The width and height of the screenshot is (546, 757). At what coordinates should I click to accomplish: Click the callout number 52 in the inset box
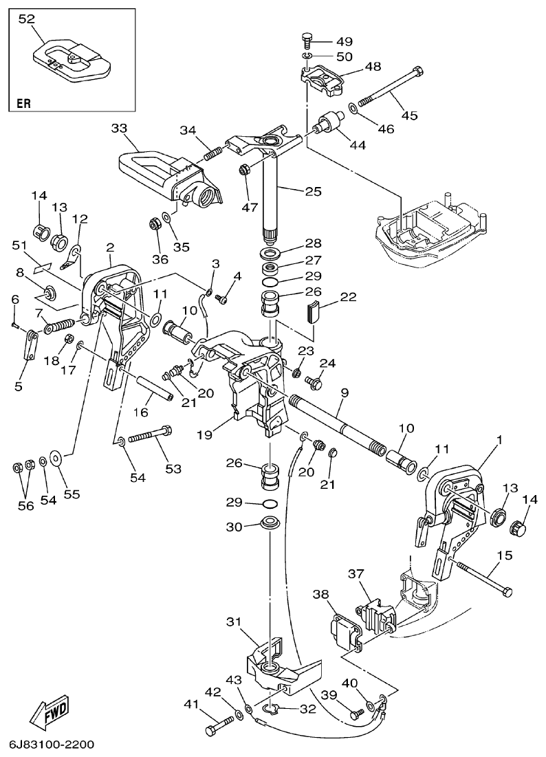coord(26,19)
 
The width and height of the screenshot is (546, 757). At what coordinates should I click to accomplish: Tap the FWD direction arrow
coord(50,712)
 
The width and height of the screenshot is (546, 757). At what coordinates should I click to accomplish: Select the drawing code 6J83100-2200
coord(52,745)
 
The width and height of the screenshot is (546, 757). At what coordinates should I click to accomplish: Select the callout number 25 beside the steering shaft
coord(313,191)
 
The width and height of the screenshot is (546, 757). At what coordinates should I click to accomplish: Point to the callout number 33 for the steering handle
coord(119,128)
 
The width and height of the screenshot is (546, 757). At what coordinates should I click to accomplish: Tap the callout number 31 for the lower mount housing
coord(233,621)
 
